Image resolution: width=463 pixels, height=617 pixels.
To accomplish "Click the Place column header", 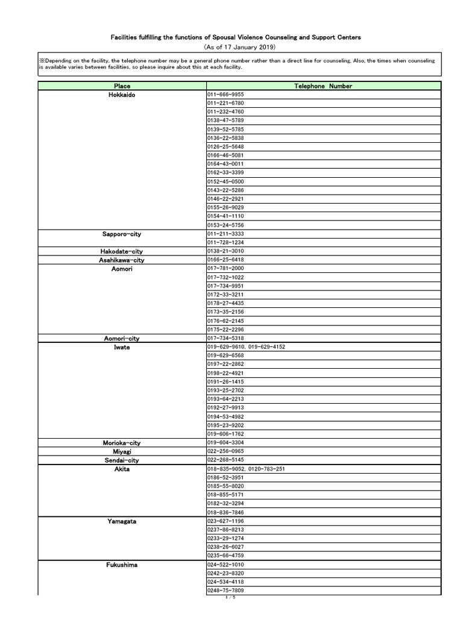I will (x=122, y=86).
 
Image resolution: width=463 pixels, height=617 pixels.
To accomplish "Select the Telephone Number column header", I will (x=323, y=86).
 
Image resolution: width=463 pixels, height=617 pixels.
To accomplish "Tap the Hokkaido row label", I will (x=122, y=95).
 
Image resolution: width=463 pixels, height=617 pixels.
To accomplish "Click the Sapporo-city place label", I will (x=122, y=234).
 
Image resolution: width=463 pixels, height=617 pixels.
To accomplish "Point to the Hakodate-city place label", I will (x=122, y=251).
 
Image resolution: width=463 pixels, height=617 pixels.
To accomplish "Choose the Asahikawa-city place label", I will (x=122, y=260).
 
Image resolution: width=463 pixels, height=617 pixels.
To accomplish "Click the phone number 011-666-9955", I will (x=225, y=95).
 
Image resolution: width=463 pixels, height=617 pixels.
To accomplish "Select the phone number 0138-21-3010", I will (x=225, y=251).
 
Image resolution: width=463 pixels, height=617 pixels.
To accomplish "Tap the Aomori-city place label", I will (x=122, y=339).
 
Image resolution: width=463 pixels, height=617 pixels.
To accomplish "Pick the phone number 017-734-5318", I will (x=225, y=339).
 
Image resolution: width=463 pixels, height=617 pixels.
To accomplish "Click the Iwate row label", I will (x=122, y=347).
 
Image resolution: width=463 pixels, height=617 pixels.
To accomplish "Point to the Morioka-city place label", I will (x=122, y=443).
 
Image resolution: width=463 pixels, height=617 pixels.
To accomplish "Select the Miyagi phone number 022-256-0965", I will (x=225, y=451).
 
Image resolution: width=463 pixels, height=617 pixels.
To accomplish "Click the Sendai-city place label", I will (x=122, y=460).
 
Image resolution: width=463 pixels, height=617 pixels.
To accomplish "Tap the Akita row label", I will (x=122, y=469).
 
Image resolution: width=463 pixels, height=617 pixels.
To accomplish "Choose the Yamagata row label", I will (x=122, y=521).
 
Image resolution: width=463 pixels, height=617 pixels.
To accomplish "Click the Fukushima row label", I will (x=122, y=565).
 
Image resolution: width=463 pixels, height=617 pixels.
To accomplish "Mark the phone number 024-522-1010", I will (x=225, y=565).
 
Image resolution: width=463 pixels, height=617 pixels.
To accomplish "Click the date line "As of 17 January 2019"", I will (x=231, y=46).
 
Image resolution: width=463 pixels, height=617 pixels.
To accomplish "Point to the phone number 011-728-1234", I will (x=225, y=242).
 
